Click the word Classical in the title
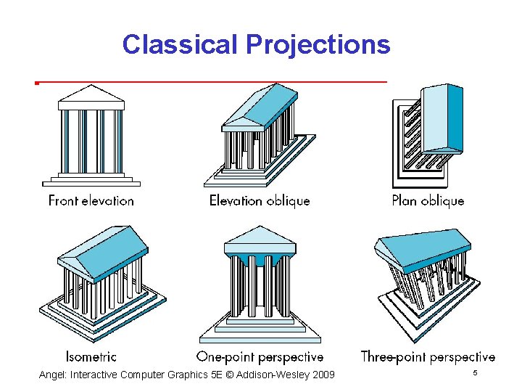point(181,44)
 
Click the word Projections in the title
point(318,44)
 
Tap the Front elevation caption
point(91,200)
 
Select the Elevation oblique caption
point(260,200)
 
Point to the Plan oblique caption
point(428,200)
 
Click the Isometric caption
point(91,356)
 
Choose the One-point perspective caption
point(260,356)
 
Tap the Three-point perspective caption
point(428,356)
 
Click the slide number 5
point(475,372)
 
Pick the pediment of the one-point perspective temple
point(259,235)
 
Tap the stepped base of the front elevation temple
point(91,177)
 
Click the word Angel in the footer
point(53,375)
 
